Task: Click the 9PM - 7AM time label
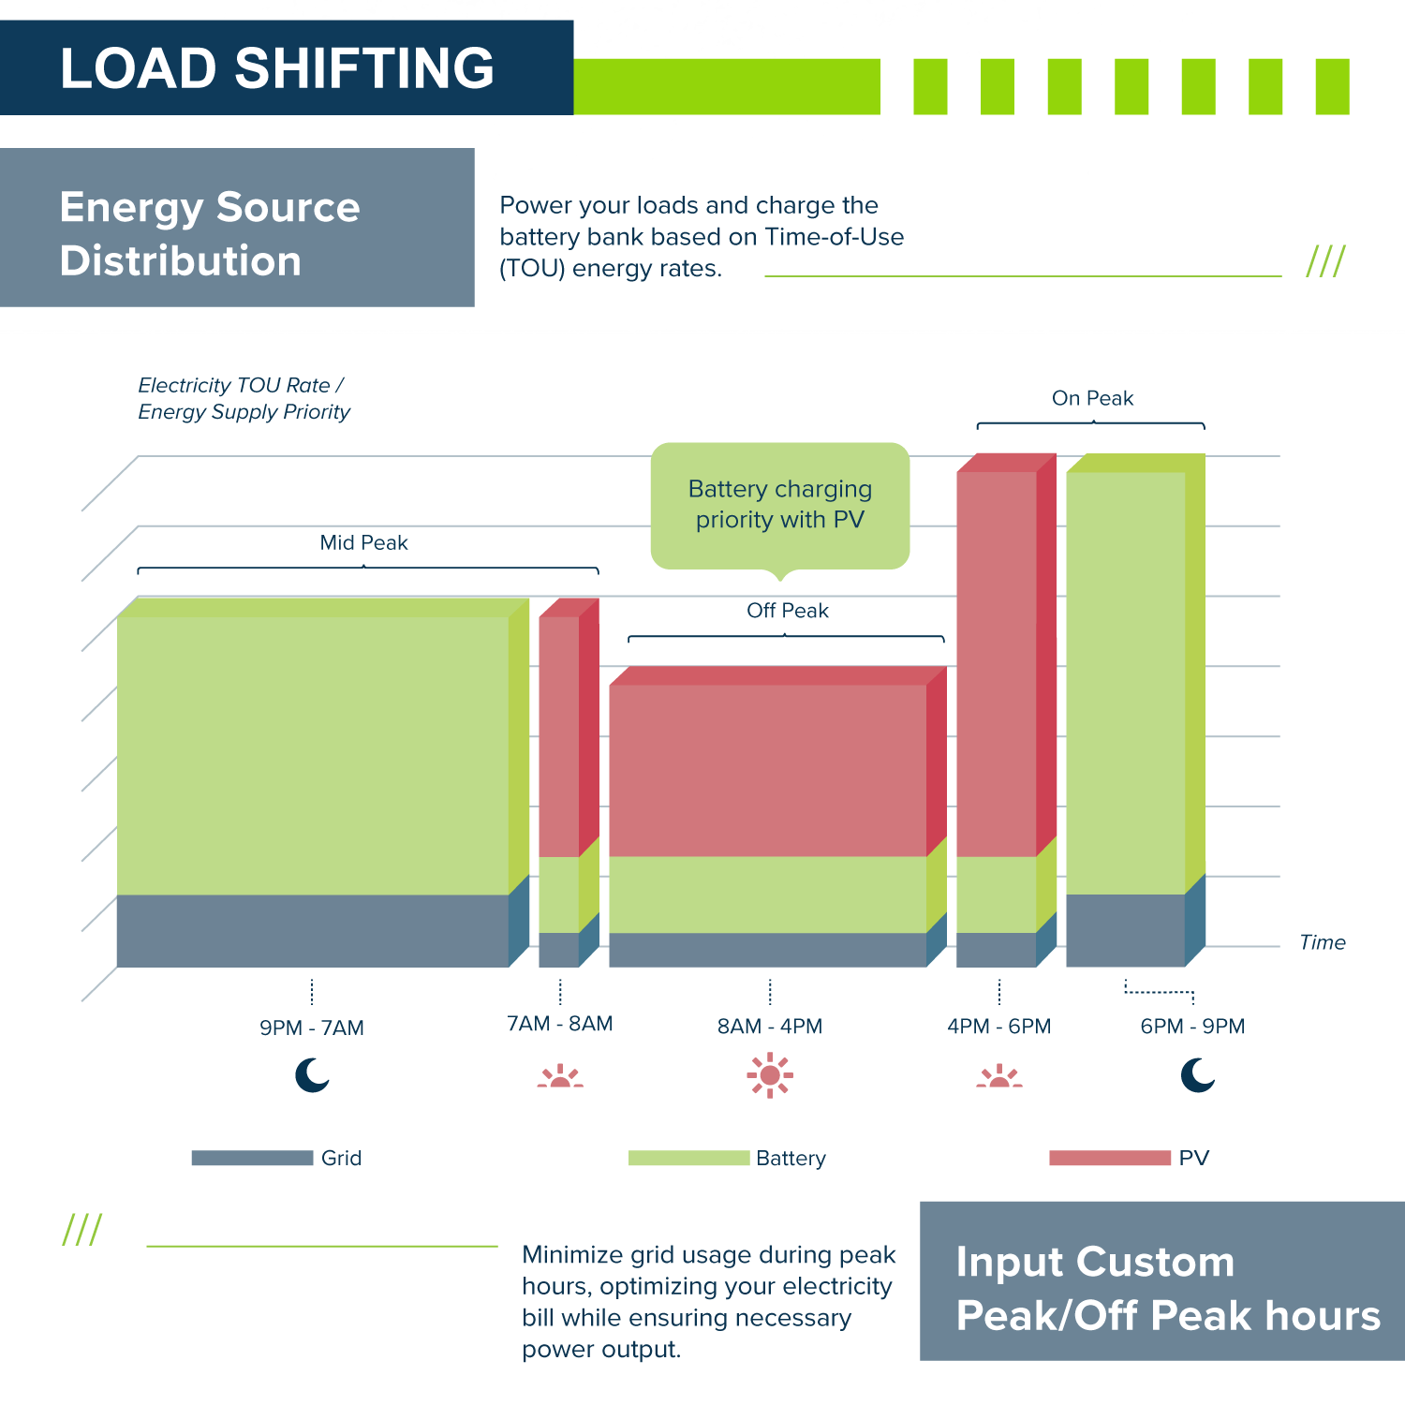tap(312, 1028)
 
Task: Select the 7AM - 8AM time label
tap(560, 1024)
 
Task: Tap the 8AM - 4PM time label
tap(770, 1026)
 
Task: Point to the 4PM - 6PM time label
tap(999, 1026)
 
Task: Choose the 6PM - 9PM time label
tap(1192, 1026)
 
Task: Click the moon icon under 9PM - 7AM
tap(312, 1075)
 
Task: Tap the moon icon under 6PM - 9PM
tap(1197, 1075)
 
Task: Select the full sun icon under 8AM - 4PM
tap(770, 1075)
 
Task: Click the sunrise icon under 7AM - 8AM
tap(560, 1076)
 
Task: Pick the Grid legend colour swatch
tap(252, 1158)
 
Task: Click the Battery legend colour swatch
tap(688, 1158)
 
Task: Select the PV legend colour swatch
tap(1109, 1158)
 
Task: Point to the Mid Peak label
tap(363, 542)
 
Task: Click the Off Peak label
tap(787, 611)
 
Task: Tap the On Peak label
tap(1092, 398)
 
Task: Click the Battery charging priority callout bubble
tap(780, 505)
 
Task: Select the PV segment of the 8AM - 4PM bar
tap(768, 770)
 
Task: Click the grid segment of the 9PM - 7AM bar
tap(312, 930)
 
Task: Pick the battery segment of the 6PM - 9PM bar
tap(1126, 683)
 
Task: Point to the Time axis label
tap(1322, 942)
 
